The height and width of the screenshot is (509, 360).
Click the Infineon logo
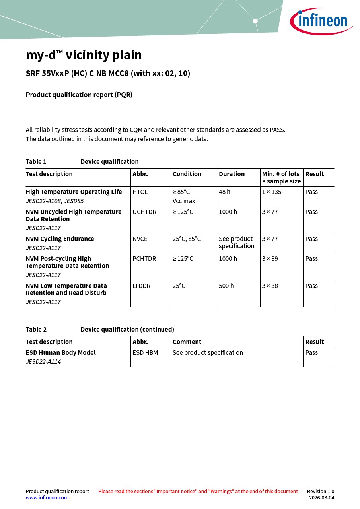pos(321,21)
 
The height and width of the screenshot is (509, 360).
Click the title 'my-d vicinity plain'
pos(84,55)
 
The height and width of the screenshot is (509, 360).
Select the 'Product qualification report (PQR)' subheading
pos(79,95)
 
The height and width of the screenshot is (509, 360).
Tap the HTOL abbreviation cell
pos(140,192)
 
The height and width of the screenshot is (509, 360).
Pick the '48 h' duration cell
pos(224,192)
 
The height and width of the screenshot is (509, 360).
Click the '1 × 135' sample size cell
pos(271,192)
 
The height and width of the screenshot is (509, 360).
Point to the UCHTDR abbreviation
pos(144,212)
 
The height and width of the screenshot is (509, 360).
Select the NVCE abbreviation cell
pos(140,239)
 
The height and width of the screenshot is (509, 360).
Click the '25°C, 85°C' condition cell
pos(187,239)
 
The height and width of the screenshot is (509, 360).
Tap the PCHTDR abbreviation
pos(144,259)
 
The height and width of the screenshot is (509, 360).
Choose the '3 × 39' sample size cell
pos(270,259)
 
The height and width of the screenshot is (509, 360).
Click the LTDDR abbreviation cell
pos(142,286)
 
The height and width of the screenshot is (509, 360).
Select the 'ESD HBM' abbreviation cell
pos(145,353)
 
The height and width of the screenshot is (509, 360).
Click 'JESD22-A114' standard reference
pos(43,362)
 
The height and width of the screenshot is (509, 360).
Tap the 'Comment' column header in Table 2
pos(187,342)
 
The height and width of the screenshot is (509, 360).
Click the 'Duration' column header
pos(232,174)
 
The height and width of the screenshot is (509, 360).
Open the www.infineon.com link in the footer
pos(47,498)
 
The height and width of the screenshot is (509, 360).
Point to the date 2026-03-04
pos(321,498)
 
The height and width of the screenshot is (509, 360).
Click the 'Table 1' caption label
pos(36,162)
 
